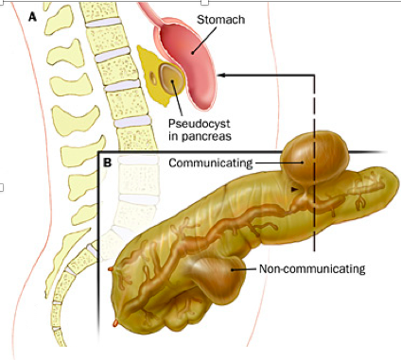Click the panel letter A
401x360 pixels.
tap(32, 16)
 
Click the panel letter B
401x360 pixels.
tap(108, 163)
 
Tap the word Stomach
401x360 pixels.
tap(220, 20)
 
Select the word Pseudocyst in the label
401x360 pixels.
tap(200, 123)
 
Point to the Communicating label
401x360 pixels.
tap(211, 163)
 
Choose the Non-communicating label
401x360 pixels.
tap(312, 268)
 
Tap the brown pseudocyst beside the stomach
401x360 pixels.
tap(172, 78)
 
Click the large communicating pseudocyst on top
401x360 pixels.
tap(315, 161)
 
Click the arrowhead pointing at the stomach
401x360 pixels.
tap(221, 75)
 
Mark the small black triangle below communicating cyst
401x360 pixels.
tap(294, 190)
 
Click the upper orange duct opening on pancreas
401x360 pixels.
tap(111, 269)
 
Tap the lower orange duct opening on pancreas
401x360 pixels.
tap(115, 322)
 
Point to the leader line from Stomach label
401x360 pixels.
tap(204, 40)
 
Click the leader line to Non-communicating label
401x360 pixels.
tap(243, 269)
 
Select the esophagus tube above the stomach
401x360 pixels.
tap(151, 14)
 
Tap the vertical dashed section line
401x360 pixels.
tap(314, 163)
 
